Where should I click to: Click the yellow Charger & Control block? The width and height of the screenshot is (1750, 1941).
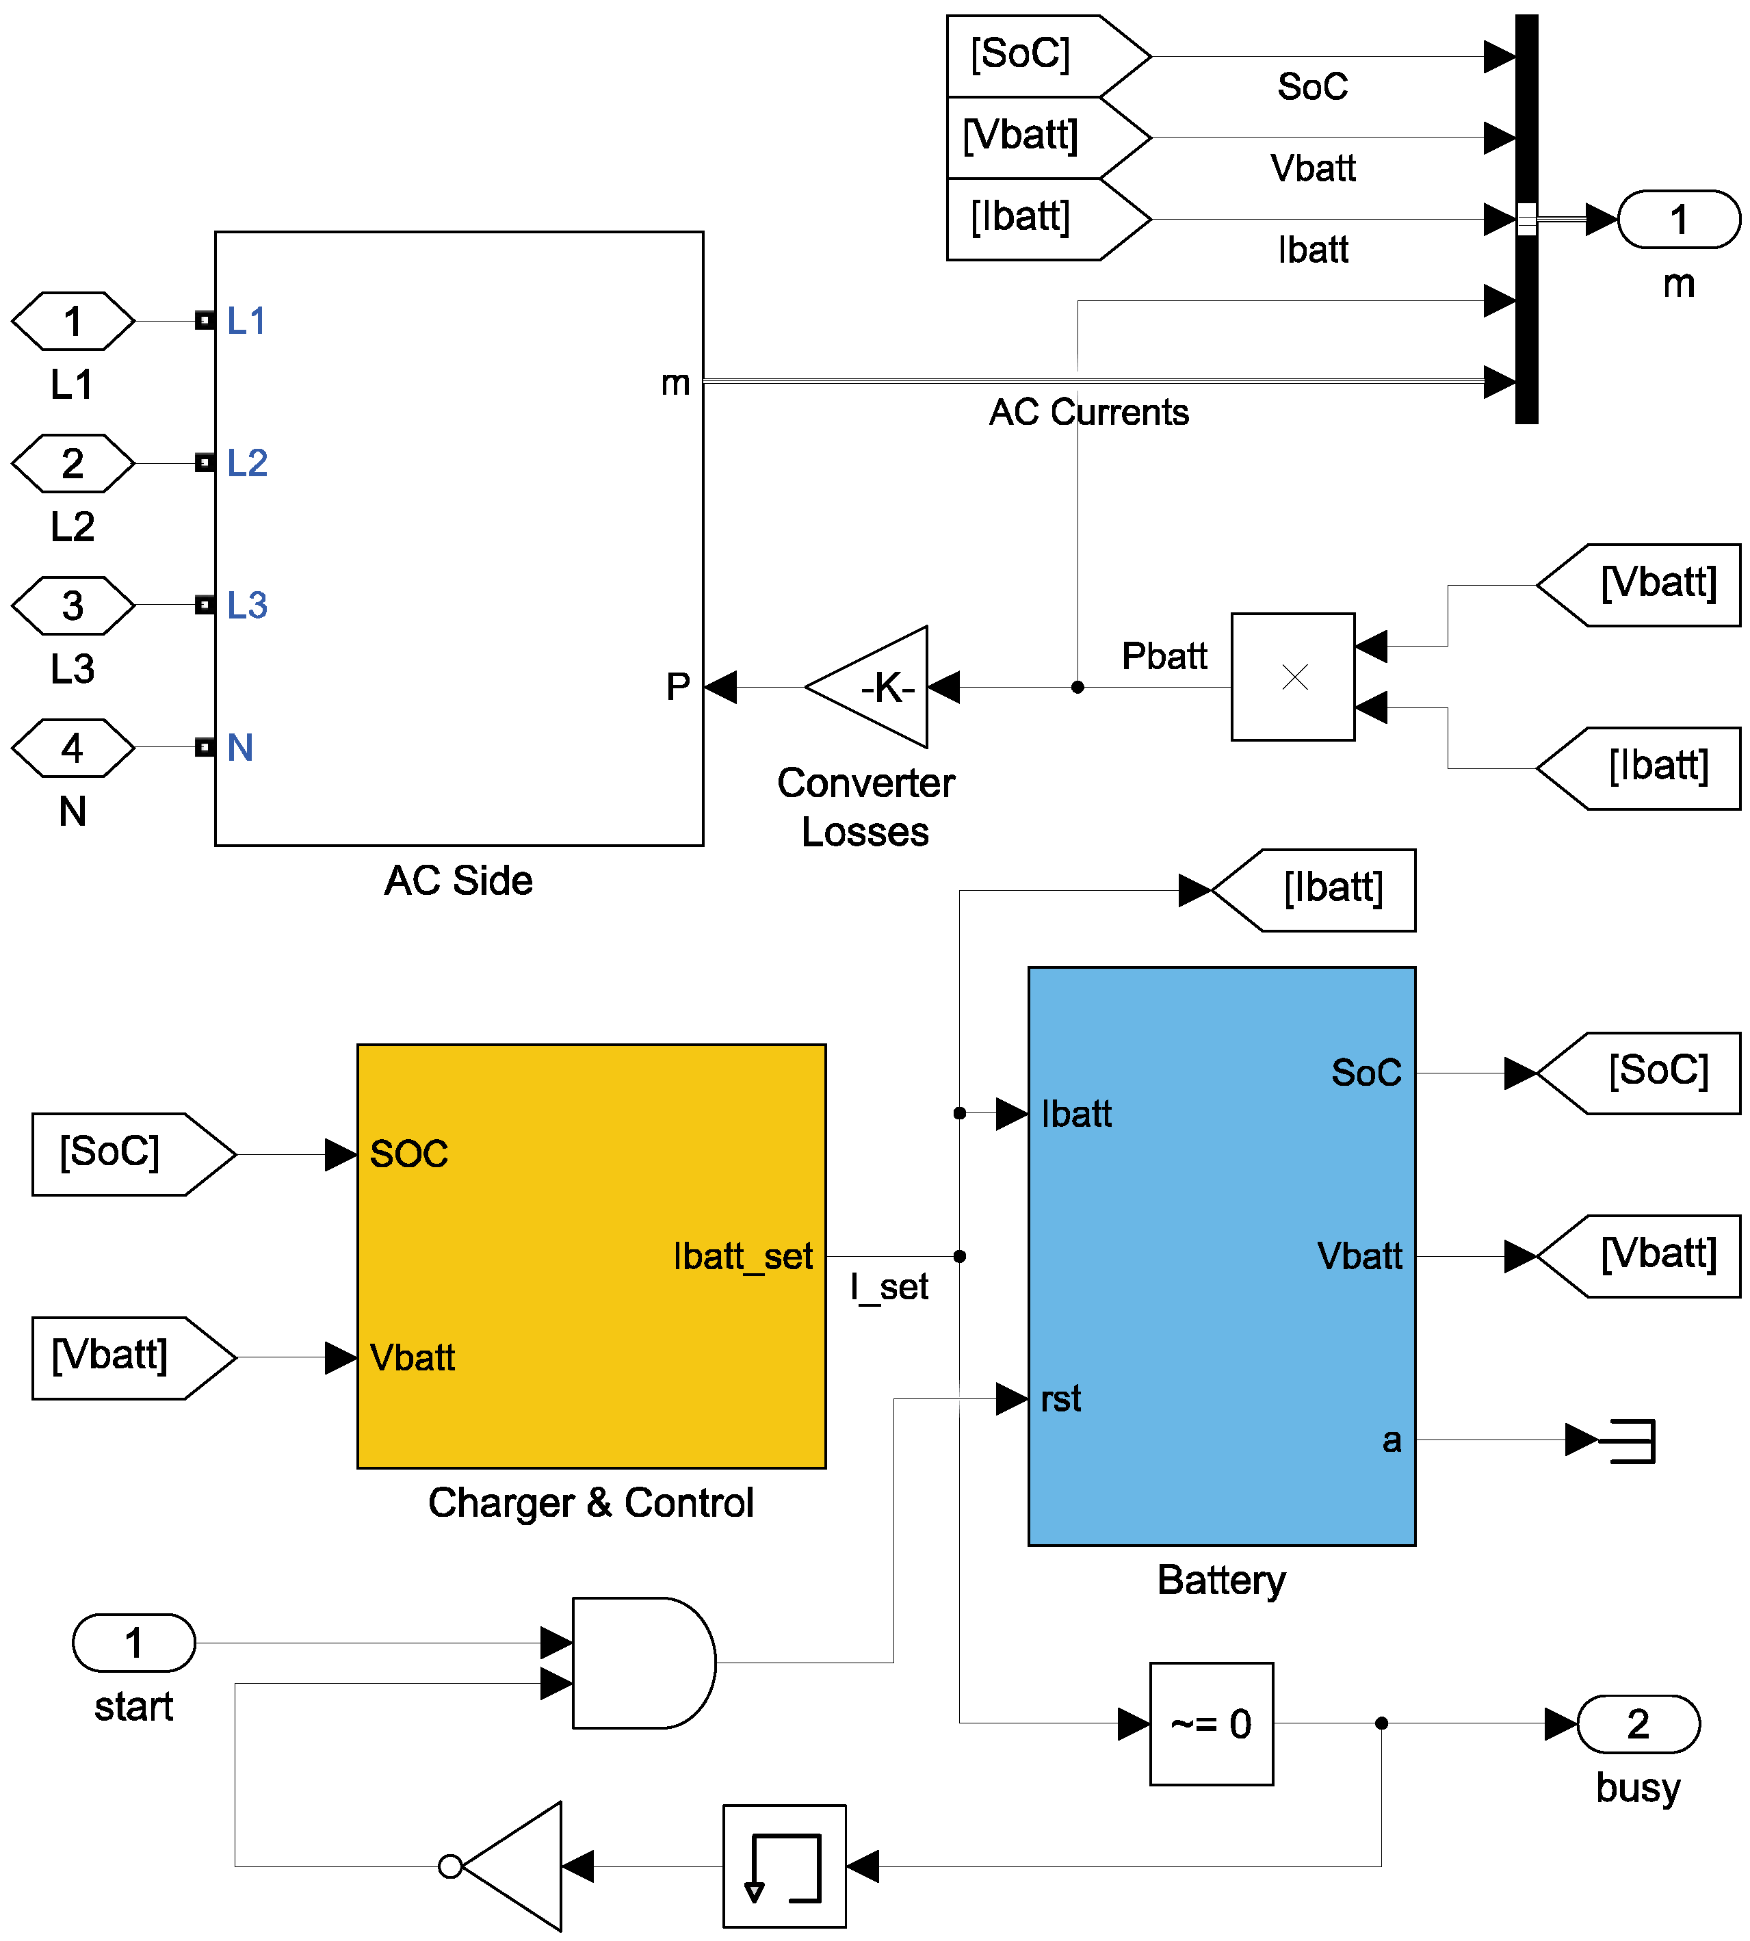coord(590,1255)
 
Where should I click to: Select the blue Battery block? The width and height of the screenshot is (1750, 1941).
coord(1220,1255)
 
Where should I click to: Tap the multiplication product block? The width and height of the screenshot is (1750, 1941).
coord(1292,677)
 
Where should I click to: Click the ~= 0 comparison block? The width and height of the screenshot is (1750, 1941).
coord(1211,1723)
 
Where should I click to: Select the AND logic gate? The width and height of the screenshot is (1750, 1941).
coord(640,1663)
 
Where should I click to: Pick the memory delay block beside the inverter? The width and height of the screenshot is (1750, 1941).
coord(783,1866)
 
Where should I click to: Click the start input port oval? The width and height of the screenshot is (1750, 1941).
coord(133,1643)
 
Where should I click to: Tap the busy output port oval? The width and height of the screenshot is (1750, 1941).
coord(1638,1723)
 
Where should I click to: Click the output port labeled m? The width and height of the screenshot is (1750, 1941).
coord(1678,219)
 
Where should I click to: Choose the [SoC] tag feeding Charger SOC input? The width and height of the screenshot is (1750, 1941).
coord(125,1154)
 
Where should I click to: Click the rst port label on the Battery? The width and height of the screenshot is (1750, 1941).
coord(1060,1398)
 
